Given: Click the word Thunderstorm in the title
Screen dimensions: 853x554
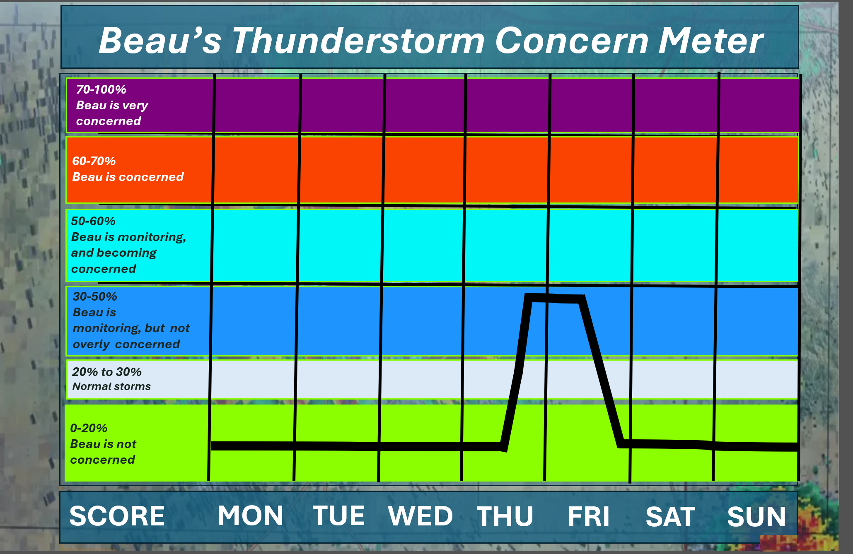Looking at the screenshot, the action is (x=358, y=41).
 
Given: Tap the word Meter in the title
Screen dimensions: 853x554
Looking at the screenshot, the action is (x=711, y=41).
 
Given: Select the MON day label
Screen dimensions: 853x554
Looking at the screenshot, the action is (x=251, y=516).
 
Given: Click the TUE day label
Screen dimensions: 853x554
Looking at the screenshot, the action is (x=339, y=516).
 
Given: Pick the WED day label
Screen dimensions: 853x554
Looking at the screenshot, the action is (x=420, y=516).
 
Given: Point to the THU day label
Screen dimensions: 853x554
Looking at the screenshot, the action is (x=505, y=516).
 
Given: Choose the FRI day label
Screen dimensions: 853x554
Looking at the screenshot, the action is (x=589, y=516).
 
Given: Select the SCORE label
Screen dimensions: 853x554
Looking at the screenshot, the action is (x=117, y=516).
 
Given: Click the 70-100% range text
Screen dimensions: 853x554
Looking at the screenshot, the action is (x=101, y=89).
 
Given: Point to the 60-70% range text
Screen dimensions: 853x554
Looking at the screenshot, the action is (x=94, y=161).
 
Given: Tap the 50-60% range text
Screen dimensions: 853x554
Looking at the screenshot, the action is (x=93, y=221).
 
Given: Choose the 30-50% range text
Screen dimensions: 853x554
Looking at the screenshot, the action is (x=94, y=296).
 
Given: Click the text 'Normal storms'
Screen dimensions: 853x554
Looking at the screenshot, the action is (x=111, y=386).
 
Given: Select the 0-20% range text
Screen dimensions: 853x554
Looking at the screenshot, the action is (x=89, y=428).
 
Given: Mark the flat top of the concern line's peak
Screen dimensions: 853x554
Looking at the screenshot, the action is (x=554, y=298).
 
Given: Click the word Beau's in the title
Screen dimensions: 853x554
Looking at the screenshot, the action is (x=160, y=41).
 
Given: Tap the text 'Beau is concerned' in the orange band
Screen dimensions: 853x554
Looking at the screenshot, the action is (x=128, y=177).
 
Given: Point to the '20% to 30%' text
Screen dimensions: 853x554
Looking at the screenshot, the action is (x=106, y=372).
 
